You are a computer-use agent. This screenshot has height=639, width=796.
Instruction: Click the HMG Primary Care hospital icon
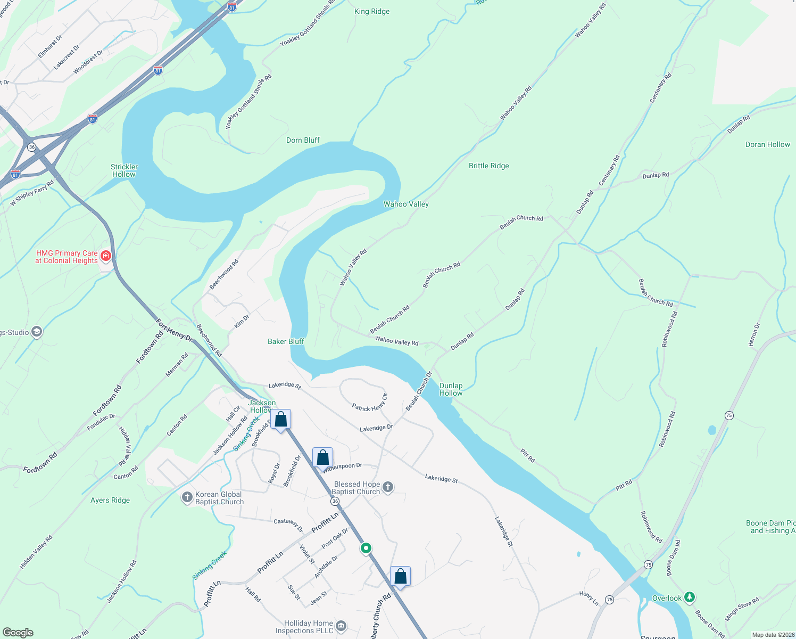tap(106, 257)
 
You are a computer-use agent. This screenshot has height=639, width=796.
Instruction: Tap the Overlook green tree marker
tap(690, 597)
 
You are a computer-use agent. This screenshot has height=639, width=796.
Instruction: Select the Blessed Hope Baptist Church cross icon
tap(388, 487)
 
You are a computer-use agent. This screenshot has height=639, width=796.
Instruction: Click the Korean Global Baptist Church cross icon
tap(187, 497)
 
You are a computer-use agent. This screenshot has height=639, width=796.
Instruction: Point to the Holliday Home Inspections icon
tap(342, 626)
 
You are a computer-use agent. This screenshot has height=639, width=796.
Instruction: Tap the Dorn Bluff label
tap(303, 140)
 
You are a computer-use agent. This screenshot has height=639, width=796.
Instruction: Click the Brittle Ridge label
tap(488, 166)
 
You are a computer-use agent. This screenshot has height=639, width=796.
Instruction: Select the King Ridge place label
tap(372, 11)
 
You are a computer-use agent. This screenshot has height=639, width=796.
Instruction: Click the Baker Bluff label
tap(286, 341)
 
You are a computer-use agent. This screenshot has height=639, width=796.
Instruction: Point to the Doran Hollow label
tap(767, 144)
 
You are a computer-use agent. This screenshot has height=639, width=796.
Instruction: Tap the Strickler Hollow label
tap(124, 170)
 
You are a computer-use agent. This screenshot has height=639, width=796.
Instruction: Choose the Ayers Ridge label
tap(110, 500)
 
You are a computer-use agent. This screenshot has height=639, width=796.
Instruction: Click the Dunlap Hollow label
tap(451, 389)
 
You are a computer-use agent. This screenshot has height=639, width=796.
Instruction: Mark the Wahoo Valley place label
tap(406, 204)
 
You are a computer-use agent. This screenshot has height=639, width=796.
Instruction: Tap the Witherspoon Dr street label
tap(343, 467)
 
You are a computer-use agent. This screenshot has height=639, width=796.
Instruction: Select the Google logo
tap(18, 632)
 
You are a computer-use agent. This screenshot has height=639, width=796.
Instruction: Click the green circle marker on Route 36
tap(366, 548)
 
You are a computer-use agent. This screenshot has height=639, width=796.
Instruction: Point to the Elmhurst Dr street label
tap(50, 46)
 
